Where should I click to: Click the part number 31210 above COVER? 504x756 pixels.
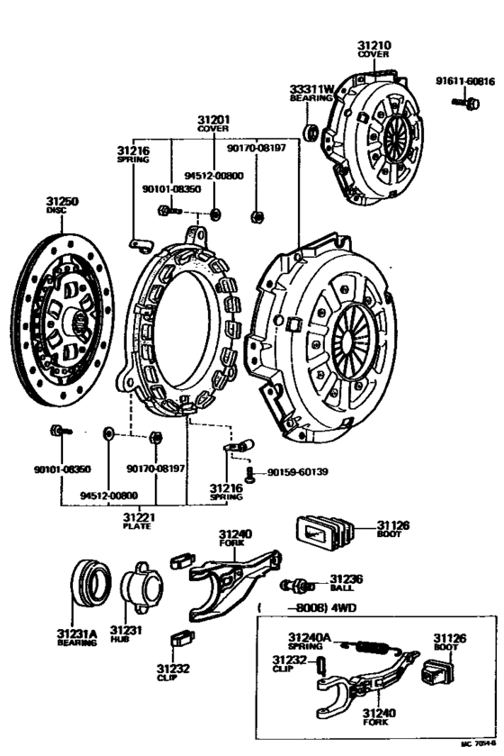click(x=373, y=43)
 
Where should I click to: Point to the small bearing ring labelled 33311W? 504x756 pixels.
click(x=312, y=133)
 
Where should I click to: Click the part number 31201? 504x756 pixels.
click(x=213, y=119)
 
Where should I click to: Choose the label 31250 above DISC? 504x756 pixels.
click(x=63, y=202)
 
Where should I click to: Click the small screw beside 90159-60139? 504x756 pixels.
click(x=250, y=473)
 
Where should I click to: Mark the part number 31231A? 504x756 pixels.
click(x=76, y=633)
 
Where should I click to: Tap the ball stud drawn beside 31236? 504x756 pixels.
click(x=298, y=585)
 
